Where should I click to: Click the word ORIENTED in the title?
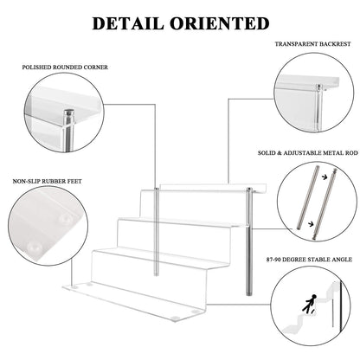(x=220, y=23)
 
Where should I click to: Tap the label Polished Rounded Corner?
(x=65, y=67)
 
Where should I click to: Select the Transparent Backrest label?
(x=312, y=44)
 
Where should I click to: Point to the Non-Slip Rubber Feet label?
(x=48, y=182)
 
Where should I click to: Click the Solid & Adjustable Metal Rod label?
(x=308, y=153)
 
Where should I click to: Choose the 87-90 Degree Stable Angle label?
(x=309, y=260)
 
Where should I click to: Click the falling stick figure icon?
(x=309, y=305)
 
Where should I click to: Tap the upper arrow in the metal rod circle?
(x=325, y=177)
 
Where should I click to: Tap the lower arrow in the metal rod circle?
(x=312, y=223)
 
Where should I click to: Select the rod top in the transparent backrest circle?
(x=318, y=87)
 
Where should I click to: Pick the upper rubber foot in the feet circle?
(x=66, y=219)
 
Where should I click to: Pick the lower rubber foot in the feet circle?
(x=33, y=246)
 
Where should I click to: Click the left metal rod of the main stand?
(x=157, y=232)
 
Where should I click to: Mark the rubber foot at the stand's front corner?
(x=174, y=318)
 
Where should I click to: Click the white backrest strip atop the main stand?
(x=213, y=188)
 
